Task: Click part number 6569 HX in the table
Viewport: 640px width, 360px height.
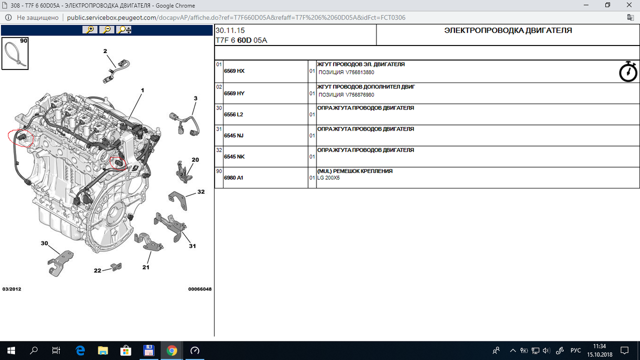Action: [x=234, y=71]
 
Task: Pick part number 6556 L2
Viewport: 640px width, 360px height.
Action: [x=233, y=114]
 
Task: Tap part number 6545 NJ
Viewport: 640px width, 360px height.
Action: [x=233, y=135]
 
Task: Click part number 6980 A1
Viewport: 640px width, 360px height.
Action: [x=233, y=177]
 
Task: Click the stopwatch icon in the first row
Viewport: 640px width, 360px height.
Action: [x=628, y=71]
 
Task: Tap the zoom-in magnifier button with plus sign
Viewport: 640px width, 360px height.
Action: [x=90, y=29]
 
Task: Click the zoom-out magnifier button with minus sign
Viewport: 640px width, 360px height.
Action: [x=107, y=29]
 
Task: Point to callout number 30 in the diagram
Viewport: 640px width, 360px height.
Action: [x=44, y=243]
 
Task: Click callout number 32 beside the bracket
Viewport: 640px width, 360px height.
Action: [x=201, y=191]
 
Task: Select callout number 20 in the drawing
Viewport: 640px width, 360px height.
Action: [x=195, y=159]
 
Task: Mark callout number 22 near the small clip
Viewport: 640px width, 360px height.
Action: [x=97, y=270]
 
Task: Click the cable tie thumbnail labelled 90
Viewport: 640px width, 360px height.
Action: [x=15, y=53]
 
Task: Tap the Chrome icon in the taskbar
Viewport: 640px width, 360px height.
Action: [x=171, y=350]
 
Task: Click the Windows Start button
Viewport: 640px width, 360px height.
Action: [x=11, y=350]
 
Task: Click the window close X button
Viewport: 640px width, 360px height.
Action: [x=629, y=5]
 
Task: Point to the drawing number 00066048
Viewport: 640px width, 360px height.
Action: [x=199, y=289]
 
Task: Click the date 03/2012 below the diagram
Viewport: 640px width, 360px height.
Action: [x=11, y=289]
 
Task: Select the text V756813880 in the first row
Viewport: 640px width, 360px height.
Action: [x=359, y=72]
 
